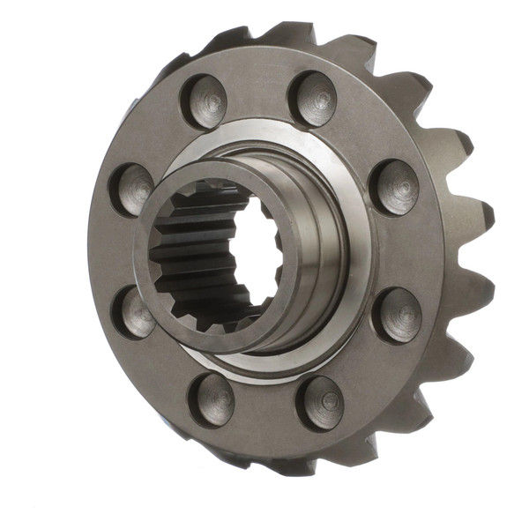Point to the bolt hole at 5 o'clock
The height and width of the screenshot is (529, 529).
(321, 401)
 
